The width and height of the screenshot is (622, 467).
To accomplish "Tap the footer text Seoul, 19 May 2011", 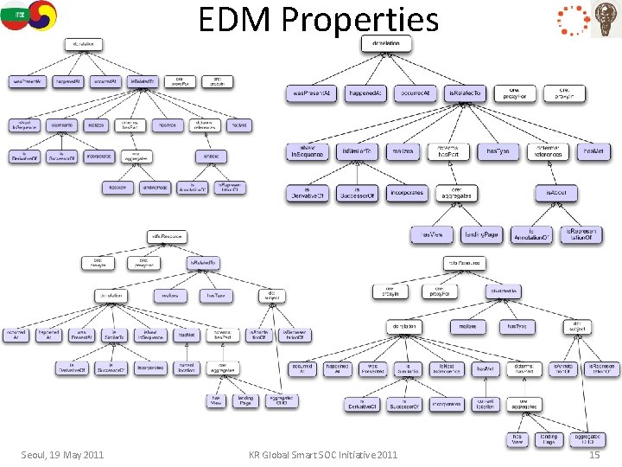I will point(62,455).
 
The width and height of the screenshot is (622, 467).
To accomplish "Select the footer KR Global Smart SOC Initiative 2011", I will point(323,455).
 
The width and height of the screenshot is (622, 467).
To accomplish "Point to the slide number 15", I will point(593,455).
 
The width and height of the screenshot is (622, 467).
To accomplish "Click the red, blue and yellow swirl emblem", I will point(40,15).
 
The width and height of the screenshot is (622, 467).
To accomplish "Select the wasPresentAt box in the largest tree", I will point(311,93).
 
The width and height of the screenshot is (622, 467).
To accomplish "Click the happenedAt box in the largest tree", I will point(366,93).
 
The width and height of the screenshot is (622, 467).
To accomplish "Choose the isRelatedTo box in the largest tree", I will point(466,93).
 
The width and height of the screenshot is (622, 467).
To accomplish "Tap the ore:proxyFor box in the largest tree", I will point(513,93).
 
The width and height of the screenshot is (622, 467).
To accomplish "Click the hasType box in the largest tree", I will point(498,151).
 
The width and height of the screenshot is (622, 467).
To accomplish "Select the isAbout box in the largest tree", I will point(556,192).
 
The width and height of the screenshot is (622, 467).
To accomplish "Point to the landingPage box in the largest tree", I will point(481,233).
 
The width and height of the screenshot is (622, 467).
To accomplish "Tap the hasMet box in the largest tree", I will point(593,151).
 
